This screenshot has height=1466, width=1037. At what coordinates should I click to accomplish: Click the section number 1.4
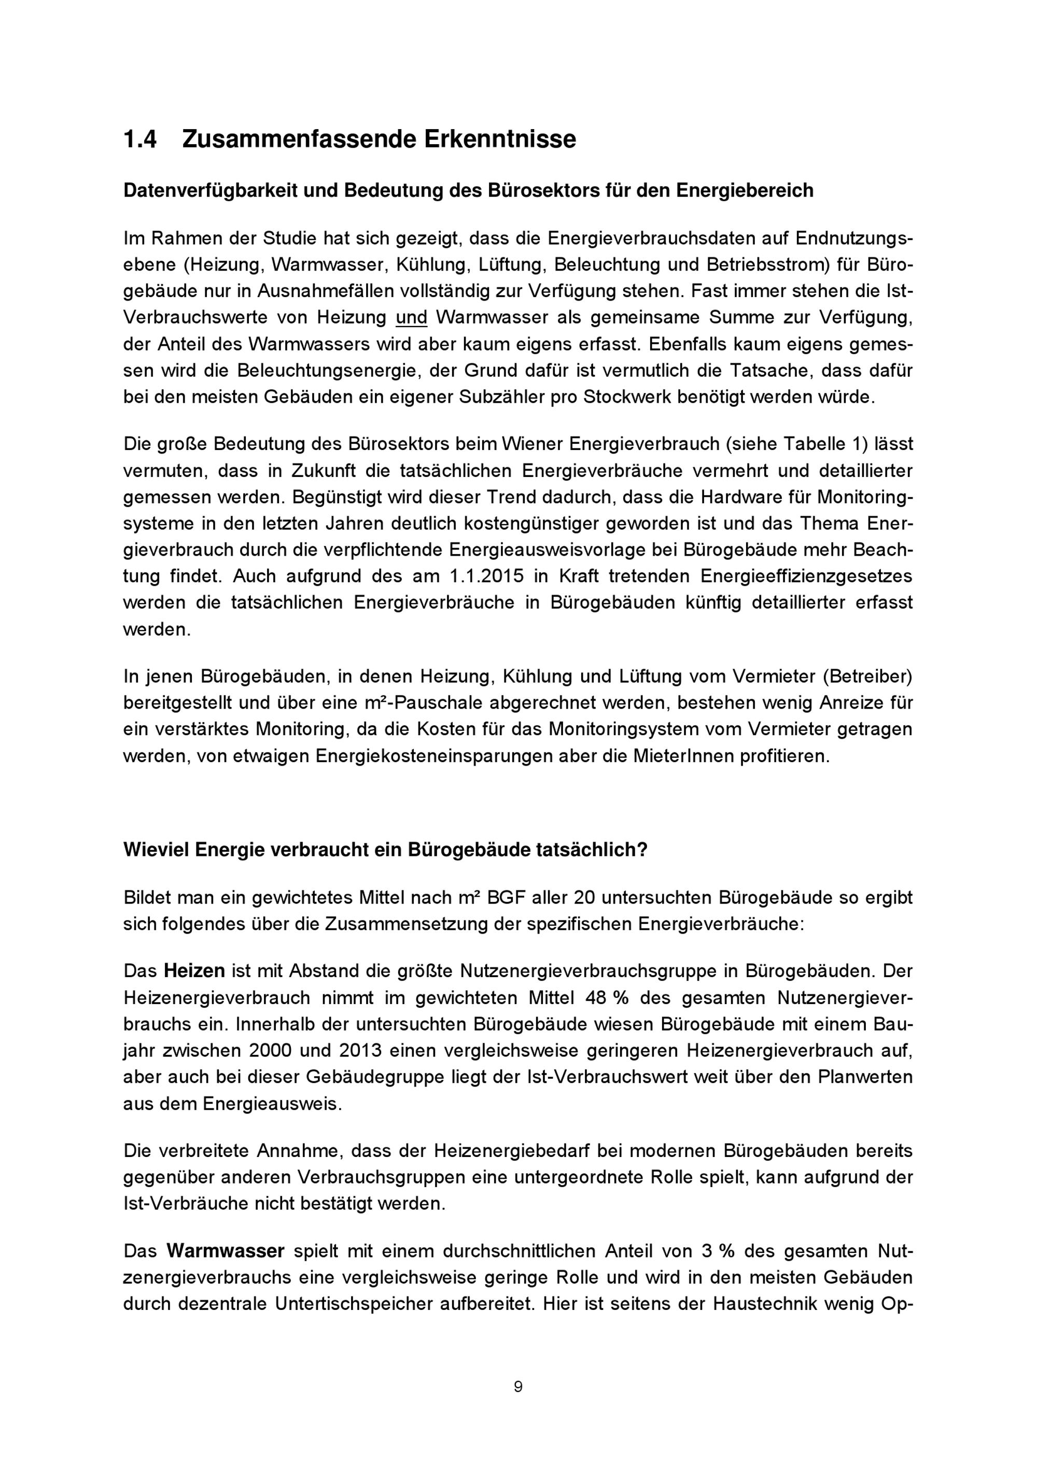[140, 139]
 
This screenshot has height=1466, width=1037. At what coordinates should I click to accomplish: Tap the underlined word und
[411, 317]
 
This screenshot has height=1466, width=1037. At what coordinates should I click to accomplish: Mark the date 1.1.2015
[483, 576]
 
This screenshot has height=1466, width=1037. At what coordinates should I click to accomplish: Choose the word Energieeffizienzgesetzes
[806, 576]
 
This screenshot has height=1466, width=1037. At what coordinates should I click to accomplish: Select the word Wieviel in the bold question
[156, 851]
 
